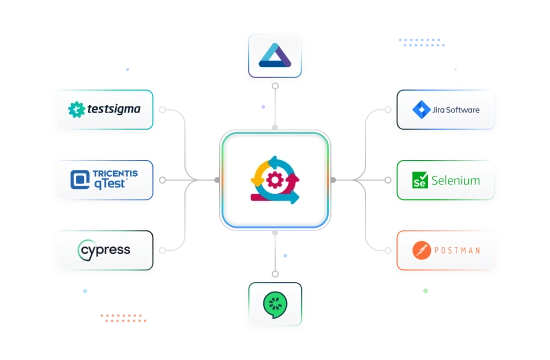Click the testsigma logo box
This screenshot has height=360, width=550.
click(x=105, y=109)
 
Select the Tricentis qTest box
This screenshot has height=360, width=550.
click(x=105, y=181)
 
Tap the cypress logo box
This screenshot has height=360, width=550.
click(x=105, y=248)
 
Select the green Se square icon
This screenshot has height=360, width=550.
click(x=420, y=182)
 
